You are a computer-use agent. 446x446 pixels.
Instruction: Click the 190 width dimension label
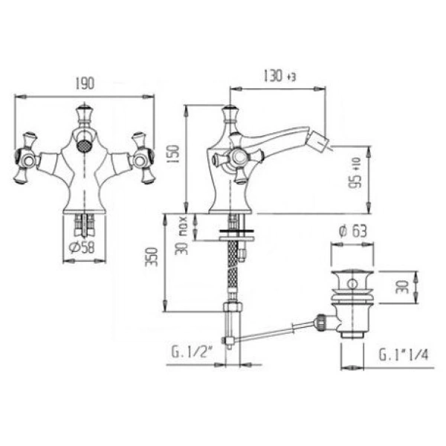click(x=85, y=83)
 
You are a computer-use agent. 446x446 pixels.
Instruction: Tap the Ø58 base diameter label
click(x=82, y=248)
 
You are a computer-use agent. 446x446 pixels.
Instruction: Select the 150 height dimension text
click(x=173, y=154)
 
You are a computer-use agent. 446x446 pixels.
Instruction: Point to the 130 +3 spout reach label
click(x=279, y=76)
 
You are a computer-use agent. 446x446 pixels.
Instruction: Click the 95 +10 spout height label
click(x=355, y=173)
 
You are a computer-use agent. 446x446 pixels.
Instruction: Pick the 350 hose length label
click(x=152, y=257)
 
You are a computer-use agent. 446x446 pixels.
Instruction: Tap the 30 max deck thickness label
click(x=181, y=236)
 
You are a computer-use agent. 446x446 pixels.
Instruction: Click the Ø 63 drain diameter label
click(x=353, y=231)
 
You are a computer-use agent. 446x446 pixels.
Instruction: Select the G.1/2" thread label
click(x=193, y=353)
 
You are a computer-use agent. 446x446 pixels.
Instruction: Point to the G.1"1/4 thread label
click(x=404, y=355)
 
